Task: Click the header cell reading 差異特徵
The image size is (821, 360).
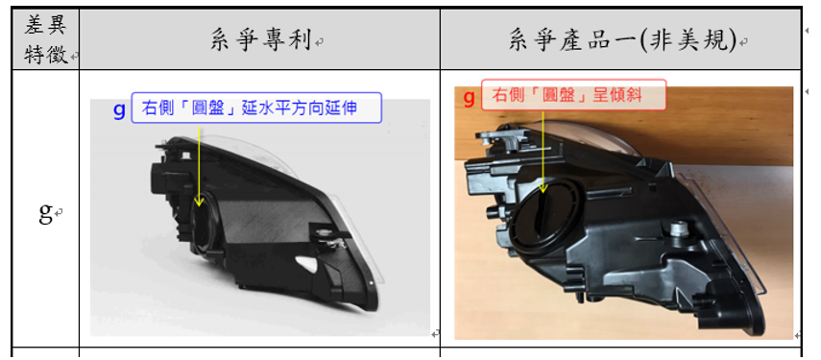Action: (45, 39)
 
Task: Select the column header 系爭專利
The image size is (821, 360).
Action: (261, 39)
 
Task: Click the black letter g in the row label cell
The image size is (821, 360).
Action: (45, 212)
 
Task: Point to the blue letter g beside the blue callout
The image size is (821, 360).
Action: (120, 109)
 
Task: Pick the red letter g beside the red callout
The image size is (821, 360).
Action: (470, 97)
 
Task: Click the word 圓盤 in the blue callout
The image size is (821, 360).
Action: (213, 108)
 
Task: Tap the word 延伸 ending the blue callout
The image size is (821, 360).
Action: (345, 108)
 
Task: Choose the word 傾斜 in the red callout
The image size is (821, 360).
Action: (629, 95)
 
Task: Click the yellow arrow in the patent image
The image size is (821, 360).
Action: (199, 165)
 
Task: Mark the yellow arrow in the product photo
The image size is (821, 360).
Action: (543, 152)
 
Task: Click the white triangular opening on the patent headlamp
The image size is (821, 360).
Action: (306, 263)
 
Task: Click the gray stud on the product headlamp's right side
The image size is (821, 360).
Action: (679, 228)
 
